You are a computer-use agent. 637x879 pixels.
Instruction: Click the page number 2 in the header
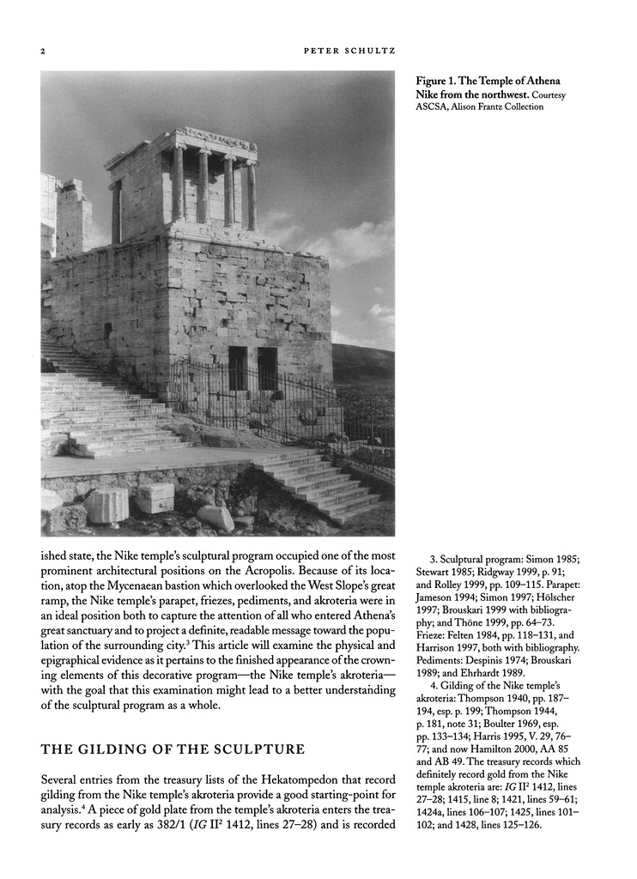pyautogui.click(x=43, y=51)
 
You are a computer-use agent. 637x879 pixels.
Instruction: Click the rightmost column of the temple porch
pyautogui.click(x=252, y=197)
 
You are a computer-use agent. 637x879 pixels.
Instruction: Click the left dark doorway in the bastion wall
pyautogui.click(x=238, y=367)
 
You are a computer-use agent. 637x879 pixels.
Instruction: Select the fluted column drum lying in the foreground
pyautogui.click(x=107, y=505)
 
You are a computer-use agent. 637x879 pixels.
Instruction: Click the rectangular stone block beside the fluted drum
pyautogui.click(x=155, y=498)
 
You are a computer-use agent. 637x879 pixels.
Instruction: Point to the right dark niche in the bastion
pyautogui.click(x=267, y=368)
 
